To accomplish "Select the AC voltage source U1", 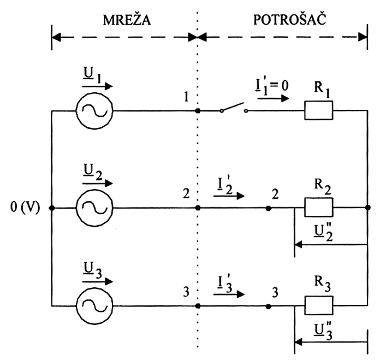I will click(x=94, y=110).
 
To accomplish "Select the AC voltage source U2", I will click(x=94, y=208).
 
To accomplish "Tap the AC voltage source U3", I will click(x=94, y=306).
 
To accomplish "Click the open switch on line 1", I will click(x=234, y=109).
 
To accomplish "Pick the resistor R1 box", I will click(x=319, y=110).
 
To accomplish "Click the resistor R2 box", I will click(x=319, y=208).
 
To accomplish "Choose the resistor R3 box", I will click(x=319, y=306).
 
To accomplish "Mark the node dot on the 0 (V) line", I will click(x=51, y=208).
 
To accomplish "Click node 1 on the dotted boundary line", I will click(x=198, y=110).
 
